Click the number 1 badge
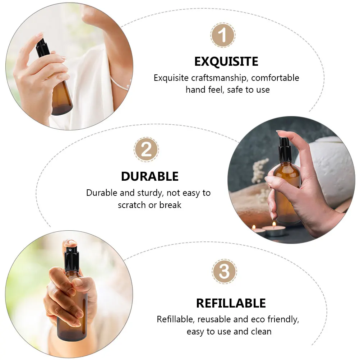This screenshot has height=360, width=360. coord(223,35)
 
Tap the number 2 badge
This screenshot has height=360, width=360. coord(146,149)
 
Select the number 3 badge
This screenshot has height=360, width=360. coord(224,272)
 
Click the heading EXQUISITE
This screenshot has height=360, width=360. coord(226,62)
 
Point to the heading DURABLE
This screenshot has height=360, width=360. coord(149,176)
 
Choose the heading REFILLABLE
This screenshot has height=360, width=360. coord(231,303)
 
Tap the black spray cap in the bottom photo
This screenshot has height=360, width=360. coord(71,259)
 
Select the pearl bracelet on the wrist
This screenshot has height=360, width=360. coord(120,85)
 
